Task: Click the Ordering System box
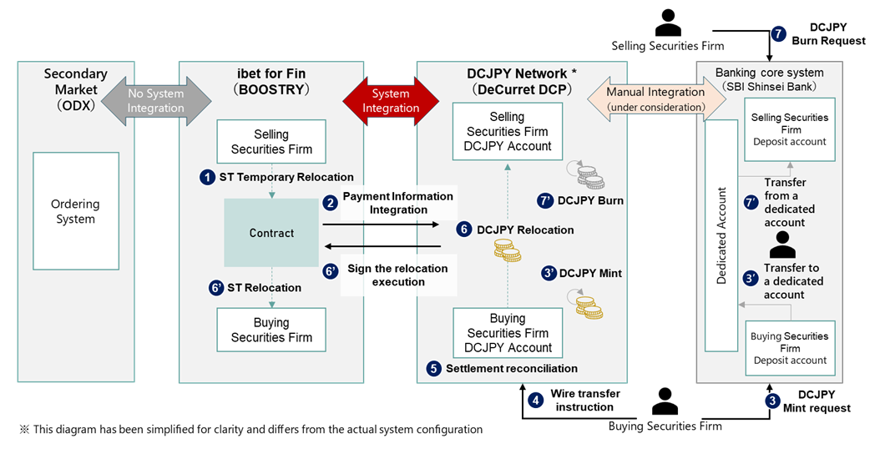[x=75, y=211]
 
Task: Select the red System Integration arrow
[x=391, y=101]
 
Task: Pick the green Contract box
[x=271, y=234]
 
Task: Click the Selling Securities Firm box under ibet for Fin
[x=271, y=142]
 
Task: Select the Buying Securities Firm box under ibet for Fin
[x=271, y=330]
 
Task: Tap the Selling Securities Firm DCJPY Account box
[x=508, y=132]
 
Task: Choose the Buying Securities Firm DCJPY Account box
[x=508, y=333]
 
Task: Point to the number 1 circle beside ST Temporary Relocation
[x=207, y=177]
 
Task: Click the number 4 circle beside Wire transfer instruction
[x=535, y=399]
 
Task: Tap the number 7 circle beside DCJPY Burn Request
[x=779, y=33]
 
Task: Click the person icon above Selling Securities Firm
[x=667, y=23]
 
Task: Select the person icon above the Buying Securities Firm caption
[x=665, y=403]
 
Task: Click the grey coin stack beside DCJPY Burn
[x=589, y=174]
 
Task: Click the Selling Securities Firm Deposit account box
[x=788, y=129]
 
